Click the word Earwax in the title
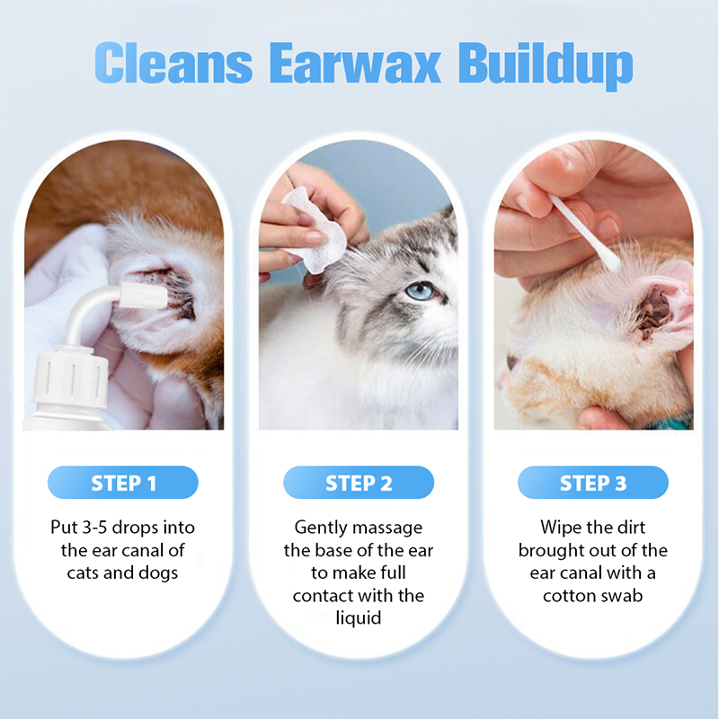point(354,63)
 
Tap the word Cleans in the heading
point(173,63)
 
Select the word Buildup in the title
point(546,67)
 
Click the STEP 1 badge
point(123,483)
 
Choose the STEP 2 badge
point(359,483)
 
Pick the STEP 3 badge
point(593,483)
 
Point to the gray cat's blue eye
point(420,290)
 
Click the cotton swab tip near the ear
point(610,262)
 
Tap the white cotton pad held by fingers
point(315,231)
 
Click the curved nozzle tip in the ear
point(142,295)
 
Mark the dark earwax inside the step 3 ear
point(653,312)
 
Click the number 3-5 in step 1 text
point(95,528)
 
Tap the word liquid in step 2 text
point(358,618)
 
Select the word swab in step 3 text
point(622,595)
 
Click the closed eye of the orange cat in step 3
point(511,362)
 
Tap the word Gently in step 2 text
point(321,528)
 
